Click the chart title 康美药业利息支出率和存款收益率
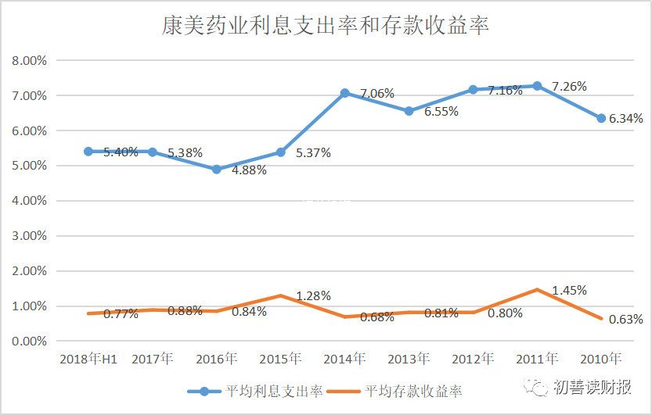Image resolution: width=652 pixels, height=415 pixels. coord(326,27)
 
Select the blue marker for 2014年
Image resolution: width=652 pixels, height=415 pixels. coord(344,93)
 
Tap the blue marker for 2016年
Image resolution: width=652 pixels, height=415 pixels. coord(217,169)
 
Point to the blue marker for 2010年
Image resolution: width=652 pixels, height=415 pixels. coord(601,118)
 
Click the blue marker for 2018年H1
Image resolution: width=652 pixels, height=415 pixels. coord(88,151)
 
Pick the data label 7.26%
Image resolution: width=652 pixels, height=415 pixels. coord(569,86)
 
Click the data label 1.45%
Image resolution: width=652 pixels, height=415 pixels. coord(569,291)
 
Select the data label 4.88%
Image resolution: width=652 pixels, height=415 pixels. coord(249,170)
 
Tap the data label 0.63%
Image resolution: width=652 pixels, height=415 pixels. coord(625,319)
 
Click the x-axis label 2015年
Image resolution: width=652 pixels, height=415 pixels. coord(280,360)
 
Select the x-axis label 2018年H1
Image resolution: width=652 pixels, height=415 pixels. coord(88,360)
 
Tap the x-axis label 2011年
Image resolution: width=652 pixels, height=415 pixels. coord(537,360)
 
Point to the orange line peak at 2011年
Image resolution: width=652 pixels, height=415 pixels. coord(537,289)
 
